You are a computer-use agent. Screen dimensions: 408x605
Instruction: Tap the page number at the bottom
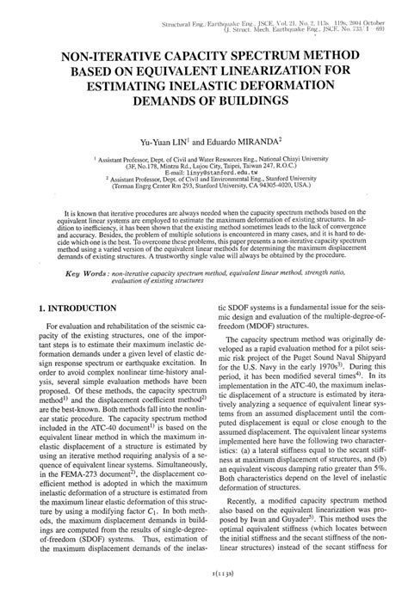(203, 594)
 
